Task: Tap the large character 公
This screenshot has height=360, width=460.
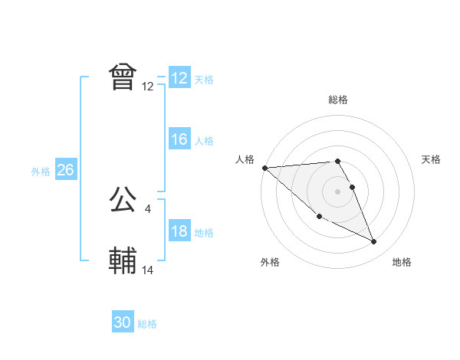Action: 123,201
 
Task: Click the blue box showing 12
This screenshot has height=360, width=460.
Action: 179,78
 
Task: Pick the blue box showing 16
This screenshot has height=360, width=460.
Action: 179,139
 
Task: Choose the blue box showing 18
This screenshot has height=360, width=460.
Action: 179,232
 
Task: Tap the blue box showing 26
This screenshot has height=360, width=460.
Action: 65,170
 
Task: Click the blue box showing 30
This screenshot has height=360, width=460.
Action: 123,323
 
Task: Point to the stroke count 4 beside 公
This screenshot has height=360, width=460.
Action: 147,208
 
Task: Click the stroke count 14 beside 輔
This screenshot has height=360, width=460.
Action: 148,270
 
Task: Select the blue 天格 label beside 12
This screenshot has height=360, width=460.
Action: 204,79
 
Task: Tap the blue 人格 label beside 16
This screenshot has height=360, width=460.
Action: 204,140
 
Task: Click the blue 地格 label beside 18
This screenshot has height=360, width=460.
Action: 204,233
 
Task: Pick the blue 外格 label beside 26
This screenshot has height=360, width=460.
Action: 41,172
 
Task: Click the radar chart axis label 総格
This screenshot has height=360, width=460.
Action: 338,100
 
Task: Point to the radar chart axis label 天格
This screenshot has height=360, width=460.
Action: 432,159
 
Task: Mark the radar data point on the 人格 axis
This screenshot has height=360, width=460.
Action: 264,167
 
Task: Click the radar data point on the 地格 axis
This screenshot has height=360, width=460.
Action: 374,242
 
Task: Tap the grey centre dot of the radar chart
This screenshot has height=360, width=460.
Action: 338,191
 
